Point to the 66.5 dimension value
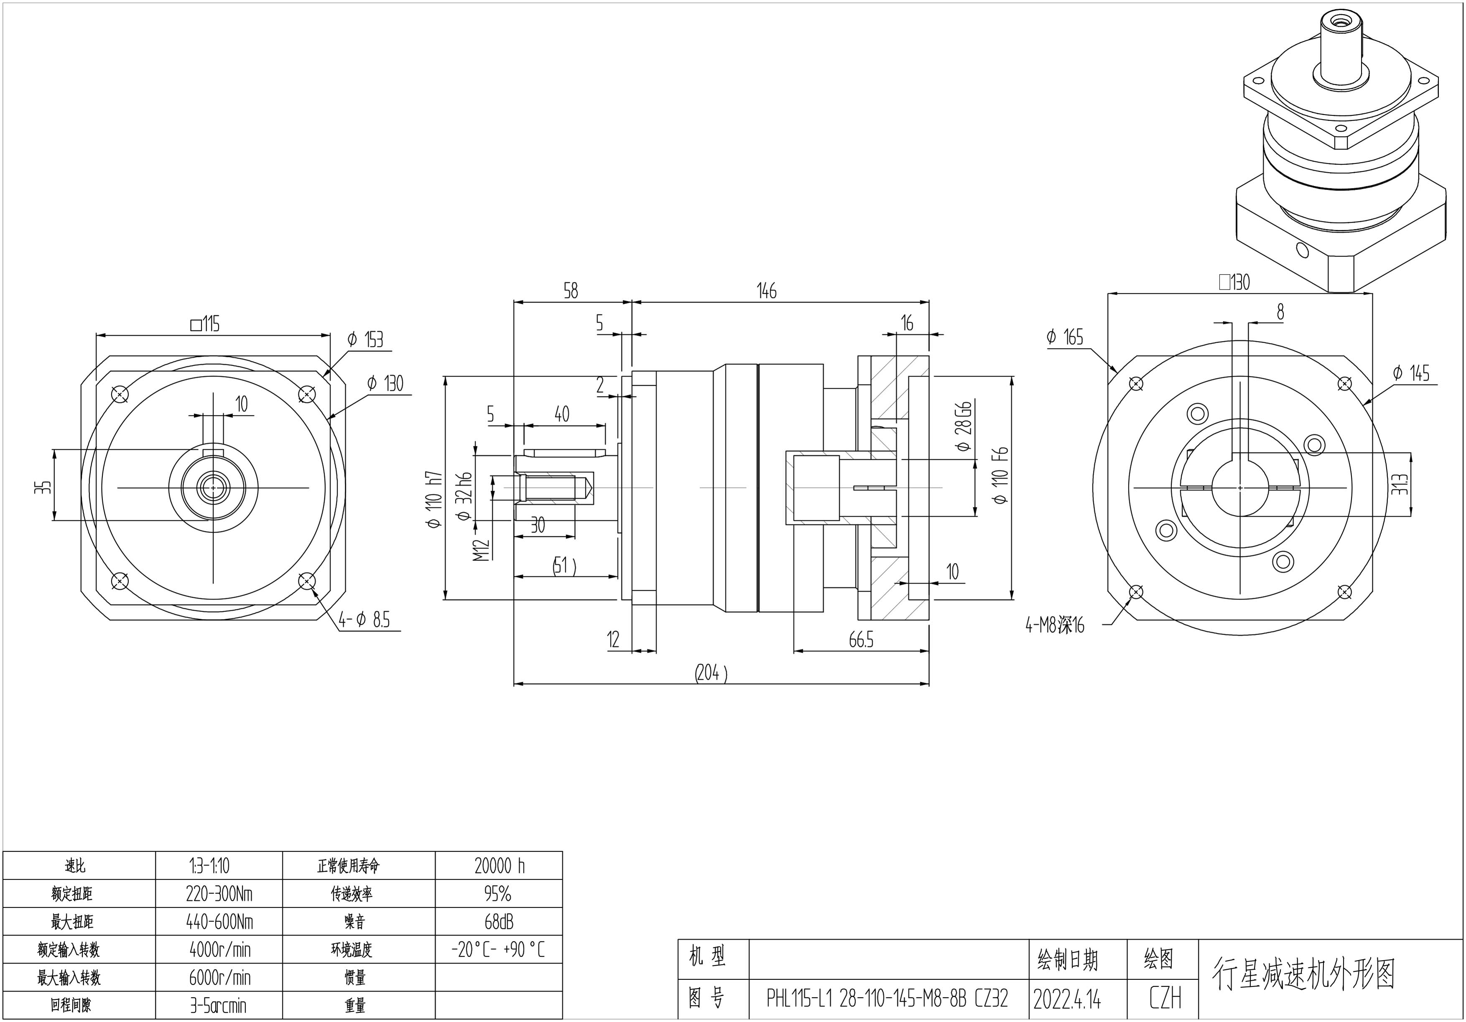point(861,640)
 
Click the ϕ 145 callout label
point(1410,373)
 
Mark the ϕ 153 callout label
point(365,339)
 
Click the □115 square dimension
point(204,324)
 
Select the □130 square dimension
point(1234,282)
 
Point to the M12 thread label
point(482,549)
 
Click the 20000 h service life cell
point(499,866)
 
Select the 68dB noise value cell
point(499,922)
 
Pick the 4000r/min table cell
point(220,950)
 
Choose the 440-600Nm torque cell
point(220,922)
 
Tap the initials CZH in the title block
point(1165,998)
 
